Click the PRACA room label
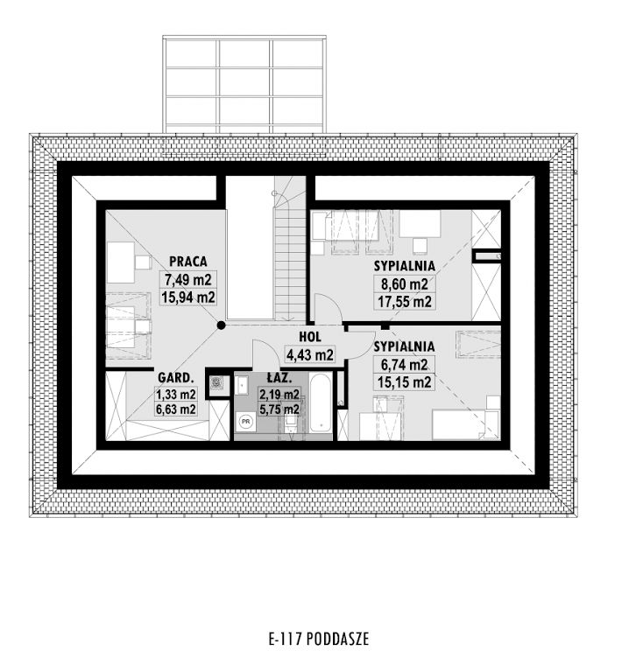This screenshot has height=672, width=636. pyautogui.click(x=188, y=262)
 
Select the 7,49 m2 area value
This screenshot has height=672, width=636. pyautogui.click(x=188, y=280)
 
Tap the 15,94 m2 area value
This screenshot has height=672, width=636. pyautogui.click(x=188, y=297)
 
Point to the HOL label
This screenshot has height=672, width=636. pyautogui.click(x=310, y=337)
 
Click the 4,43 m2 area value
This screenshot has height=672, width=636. pyautogui.click(x=310, y=355)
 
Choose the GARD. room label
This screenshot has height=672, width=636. pyautogui.click(x=176, y=378)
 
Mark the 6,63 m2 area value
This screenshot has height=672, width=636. pyautogui.click(x=176, y=409)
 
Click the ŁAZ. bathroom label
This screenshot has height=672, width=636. pyautogui.click(x=279, y=378)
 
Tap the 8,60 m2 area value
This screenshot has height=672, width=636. pyautogui.click(x=405, y=284)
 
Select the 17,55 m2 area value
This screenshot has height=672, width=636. pyautogui.click(x=405, y=301)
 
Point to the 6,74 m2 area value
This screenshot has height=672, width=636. pyautogui.click(x=405, y=365)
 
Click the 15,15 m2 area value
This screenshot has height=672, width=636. pyautogui.click(x=405, y=381)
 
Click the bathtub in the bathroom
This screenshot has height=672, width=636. pyautogui.click(x=321, y=403)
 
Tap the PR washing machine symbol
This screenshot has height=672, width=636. pyautogui.click(x=246, y=421)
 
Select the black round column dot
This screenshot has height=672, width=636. pyautogui.click(x=221, y=325)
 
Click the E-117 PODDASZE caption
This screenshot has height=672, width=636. pyautogui.click(x=319, y=639)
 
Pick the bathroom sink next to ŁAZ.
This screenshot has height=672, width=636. pyautogui.click(x=242, y=385)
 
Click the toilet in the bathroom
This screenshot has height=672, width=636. pyautogui.click(x=291, y=423)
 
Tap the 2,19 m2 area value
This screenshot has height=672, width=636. pyautogui.click(x=279, y=394)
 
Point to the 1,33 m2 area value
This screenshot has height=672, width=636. pyautogui.click(x=176, y=394)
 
